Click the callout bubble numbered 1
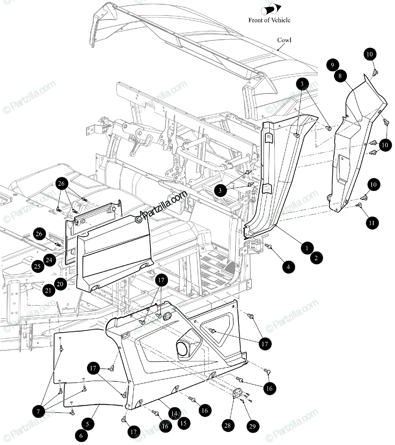click(x=307, y=248)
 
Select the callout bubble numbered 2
click(x=316, y=258)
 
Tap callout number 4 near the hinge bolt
click(x=288, y=267)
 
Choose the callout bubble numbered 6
click(x=81, y=436)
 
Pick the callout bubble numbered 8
click(x=340, y=76)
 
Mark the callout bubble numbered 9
click(x=332, y=65)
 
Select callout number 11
click(x=371, y=223)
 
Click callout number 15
click(x=184, y=423)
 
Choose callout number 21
click(x=49, y=290)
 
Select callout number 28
click(x=227, y=425)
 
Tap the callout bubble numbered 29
click(x=252, y=426)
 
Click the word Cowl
click(x=284, y=40)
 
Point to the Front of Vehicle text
click(x=269, y=20)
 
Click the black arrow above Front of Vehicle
click(x=272, y=9)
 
